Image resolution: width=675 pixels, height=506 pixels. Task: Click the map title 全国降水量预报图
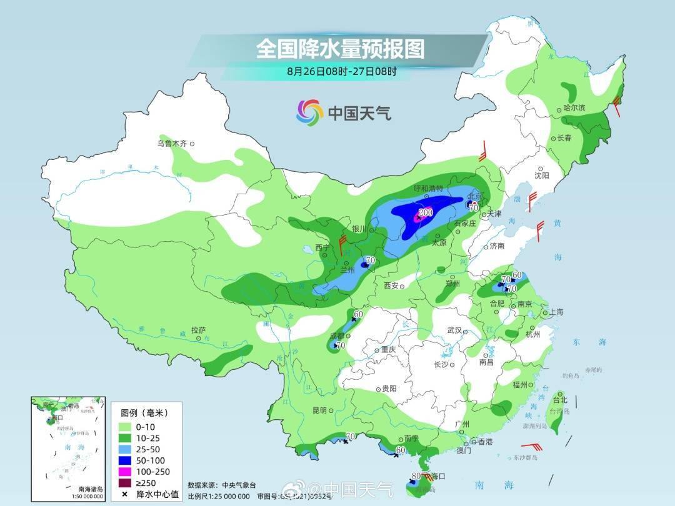click(x=340, y=48)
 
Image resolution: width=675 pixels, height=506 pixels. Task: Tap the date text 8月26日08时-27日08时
click(x=341, y=71)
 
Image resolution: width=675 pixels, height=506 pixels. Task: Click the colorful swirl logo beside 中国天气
click(x=309, y=112)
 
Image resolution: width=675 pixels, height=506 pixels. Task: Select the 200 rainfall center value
click(x=426, y=213)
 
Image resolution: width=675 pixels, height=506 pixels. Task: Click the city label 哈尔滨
click(x=574, y=107)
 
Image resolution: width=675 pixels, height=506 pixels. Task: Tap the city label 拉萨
click(x=199, y=330)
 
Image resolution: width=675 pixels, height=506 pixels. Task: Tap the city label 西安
click(x=391, y=285)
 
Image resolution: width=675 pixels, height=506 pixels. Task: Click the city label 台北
click(x=559, y=400)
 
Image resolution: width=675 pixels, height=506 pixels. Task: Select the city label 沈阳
click(x=541, y=176)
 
